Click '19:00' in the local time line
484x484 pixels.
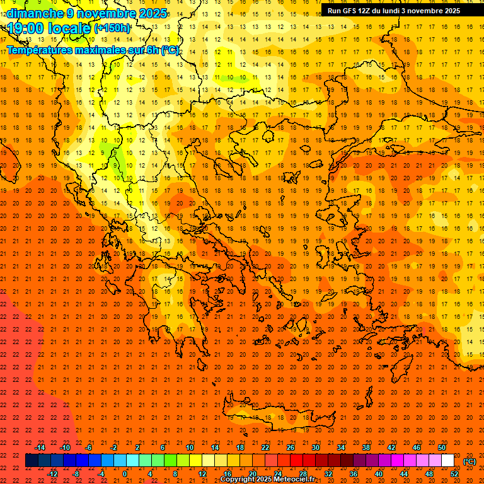point(26,28)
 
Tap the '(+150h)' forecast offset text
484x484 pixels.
point(112,28)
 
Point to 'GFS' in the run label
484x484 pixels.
point(350,11)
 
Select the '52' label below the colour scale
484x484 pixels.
point(454,473)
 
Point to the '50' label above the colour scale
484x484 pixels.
point(442,447)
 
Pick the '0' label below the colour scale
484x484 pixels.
point(125,473)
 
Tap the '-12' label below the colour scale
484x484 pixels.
point(52,473)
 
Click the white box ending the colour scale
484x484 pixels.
point(448,461)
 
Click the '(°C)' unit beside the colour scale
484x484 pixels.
point(470,461)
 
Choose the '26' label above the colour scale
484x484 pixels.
point(291,447)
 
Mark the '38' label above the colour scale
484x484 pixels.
point(366,447)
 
